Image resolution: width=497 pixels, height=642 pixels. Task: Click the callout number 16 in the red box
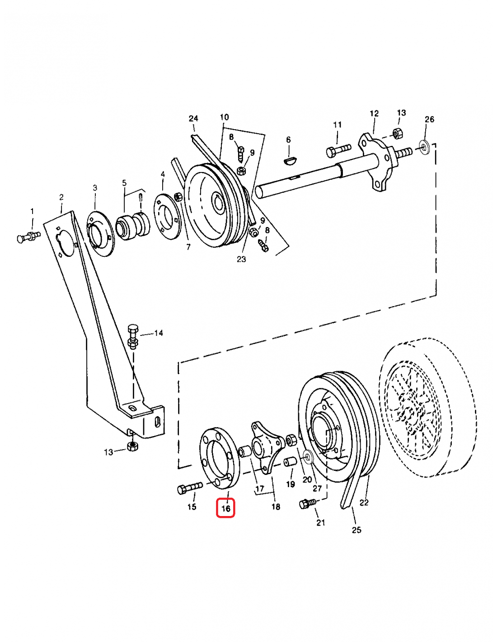point(226,508)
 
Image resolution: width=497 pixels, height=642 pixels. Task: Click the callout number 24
point(193,118)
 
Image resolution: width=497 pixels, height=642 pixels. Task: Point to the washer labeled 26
point(424,147)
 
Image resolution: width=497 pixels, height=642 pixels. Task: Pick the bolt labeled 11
point(338,150)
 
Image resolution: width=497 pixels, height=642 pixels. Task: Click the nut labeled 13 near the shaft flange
point(397,133)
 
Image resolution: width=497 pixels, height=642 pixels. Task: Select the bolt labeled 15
point(190,488)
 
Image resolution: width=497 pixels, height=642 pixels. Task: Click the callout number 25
point(356,530)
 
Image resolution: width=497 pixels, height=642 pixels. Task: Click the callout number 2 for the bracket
point(61,197)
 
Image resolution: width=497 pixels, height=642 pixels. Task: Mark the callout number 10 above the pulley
point(224,117)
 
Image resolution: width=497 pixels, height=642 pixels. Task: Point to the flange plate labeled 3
point(99,234)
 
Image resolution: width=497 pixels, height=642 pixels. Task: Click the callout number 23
point(241,259)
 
